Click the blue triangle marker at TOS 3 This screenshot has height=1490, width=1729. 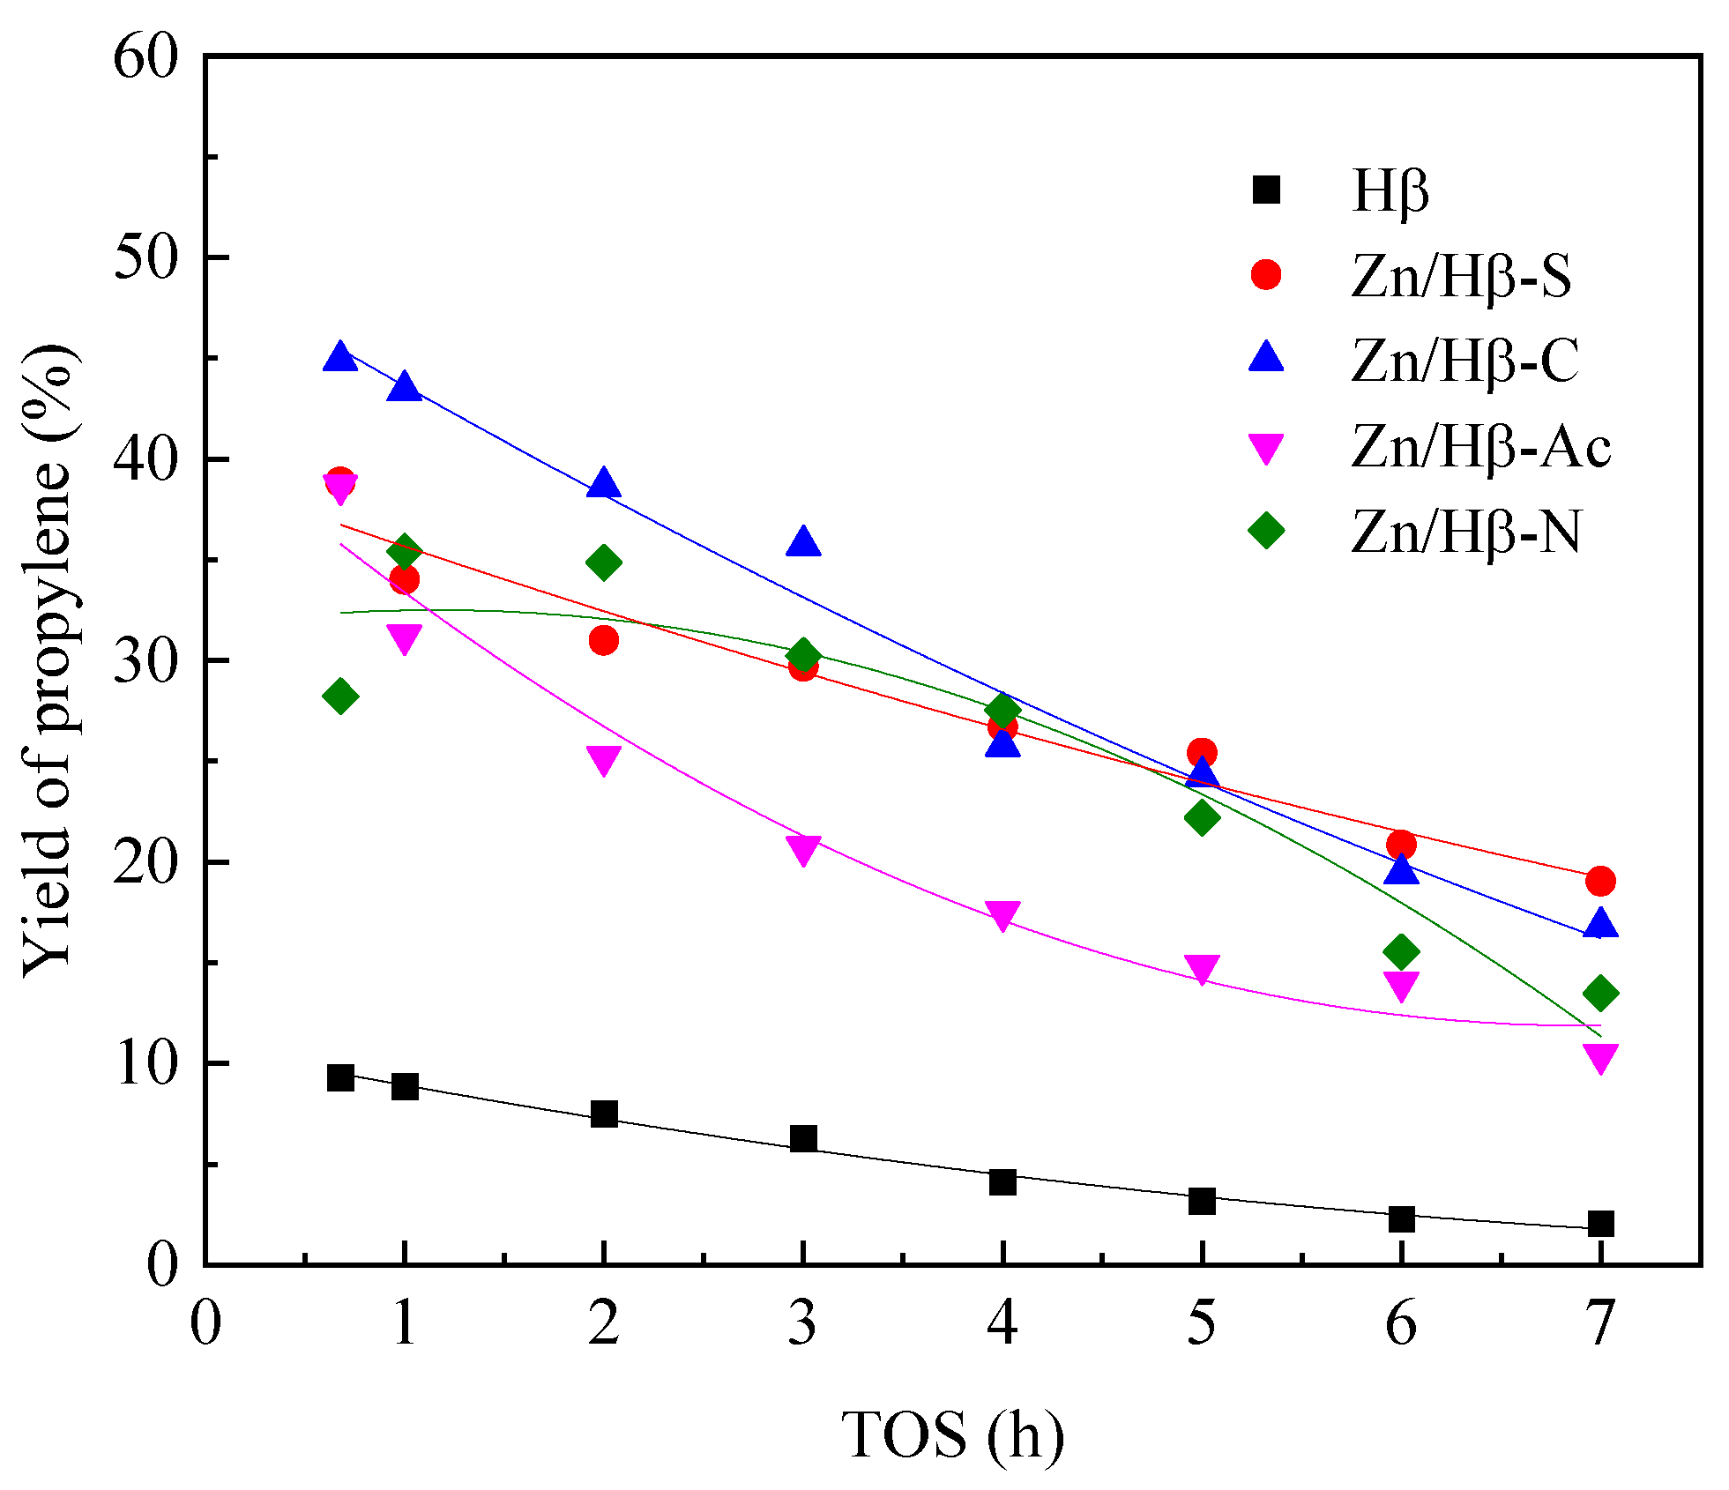tap(802, 542)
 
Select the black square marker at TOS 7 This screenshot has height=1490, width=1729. tap(1600, 1223)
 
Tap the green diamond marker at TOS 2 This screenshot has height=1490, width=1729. tap(603, 562)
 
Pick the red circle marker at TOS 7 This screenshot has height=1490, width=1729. tap(1600, 881)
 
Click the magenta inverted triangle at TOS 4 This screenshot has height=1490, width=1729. tap(1002, 914)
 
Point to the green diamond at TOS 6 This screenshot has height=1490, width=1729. tap(1401, 951)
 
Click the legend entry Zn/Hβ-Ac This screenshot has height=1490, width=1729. tap(1481, 447)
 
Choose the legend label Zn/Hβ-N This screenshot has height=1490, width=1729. tap(1465, 532)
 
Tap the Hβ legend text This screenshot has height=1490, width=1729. tap(1390, 191)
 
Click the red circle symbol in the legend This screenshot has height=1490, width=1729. tap(1266, 274)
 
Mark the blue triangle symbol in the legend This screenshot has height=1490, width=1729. tap(1266, 358)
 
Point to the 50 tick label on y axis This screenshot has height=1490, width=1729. tap(146, 258)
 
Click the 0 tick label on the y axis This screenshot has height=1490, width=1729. tap(163, 1266)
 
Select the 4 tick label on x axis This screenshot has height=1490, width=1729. tap(1002, 1323)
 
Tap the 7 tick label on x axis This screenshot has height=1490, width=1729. tap(1600, 1323)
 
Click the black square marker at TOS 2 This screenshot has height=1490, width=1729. tap(603, 1114)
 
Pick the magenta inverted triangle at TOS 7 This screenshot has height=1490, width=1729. tap(1600, 1057)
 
